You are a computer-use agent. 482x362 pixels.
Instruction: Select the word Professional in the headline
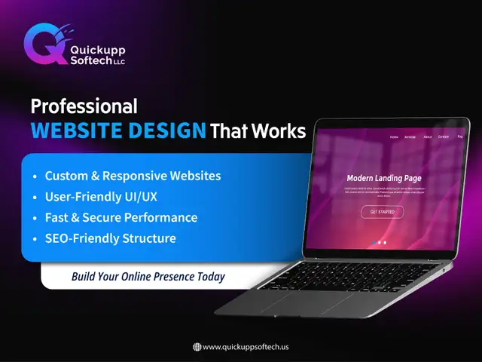click(x=84, y=105)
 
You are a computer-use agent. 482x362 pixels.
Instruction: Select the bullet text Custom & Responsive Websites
click(x=133, y=176)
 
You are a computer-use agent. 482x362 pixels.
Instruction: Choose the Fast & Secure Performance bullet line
click(x=120, y=217)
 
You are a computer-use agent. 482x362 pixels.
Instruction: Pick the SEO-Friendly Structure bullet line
click(x=110, y=238)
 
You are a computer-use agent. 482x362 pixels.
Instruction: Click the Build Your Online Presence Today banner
click(x=148, y=277)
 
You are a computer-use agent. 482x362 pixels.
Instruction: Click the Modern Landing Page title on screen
click(x=383, y=179)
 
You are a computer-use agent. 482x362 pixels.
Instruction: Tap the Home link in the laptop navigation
click(x=394, y=137)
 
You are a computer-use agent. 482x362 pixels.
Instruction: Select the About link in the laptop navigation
click(x=428, y=137)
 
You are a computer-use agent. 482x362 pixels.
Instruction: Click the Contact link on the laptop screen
click(x=444, y=137)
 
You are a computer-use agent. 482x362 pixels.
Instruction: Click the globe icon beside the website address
click(x=197, y=347)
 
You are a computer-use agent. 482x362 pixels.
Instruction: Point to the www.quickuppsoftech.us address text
click(x=246, y=347)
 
